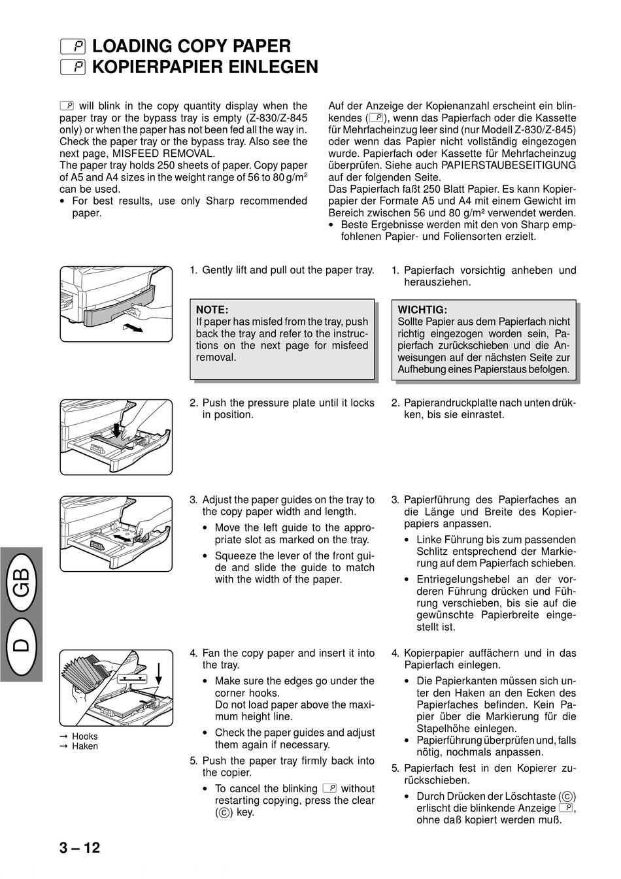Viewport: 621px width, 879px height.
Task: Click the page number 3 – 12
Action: pos(80,848)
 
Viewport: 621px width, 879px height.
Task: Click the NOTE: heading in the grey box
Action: pos(212,310)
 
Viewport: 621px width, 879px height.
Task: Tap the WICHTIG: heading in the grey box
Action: pos(422,310)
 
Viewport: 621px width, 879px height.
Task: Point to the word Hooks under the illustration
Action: pos(85,737)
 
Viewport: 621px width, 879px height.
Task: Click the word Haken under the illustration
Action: pos(85,746)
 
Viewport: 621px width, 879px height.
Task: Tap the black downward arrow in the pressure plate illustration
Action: pos(116,429)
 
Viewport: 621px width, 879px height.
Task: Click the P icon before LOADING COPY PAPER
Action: pos(73,46)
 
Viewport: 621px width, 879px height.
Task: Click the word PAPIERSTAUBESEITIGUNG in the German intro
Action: pos(509,165)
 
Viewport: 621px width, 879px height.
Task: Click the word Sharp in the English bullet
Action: pos(220,201)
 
